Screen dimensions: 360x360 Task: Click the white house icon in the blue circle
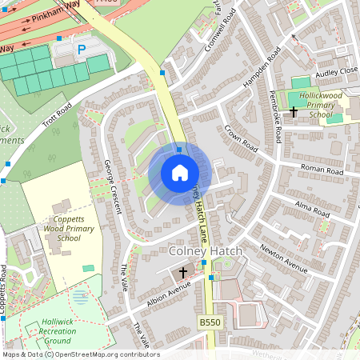[x=179, y=173]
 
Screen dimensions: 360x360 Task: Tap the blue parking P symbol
[x=81, y=50]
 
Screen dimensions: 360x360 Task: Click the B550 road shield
[x=209, y=322]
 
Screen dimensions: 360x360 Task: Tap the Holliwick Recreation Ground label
[x=57, y=331]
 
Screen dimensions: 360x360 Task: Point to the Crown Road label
[x=241, y=136]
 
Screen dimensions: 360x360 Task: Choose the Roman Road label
[x=322, y=170]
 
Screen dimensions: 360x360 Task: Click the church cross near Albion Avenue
[x=182, y=273]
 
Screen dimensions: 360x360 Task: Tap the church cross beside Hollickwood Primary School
[x=294, y=112]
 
